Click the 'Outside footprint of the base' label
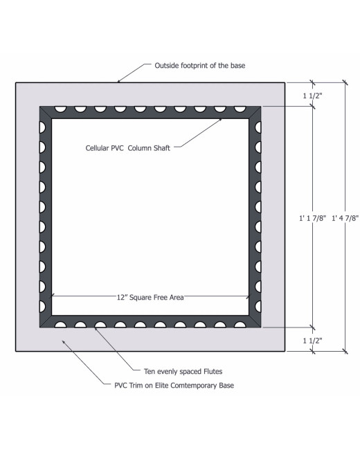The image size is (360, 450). tap(200, 66)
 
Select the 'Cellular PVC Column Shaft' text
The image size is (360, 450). tap(128, 148)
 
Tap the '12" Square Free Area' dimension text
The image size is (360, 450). tap(150, 297)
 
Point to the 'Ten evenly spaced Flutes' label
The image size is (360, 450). tap(183, 371)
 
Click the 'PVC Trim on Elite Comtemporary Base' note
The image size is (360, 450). tap(174, 385)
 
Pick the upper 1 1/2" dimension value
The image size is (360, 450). tap(313, 96)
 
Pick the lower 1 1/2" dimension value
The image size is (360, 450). tap(313, 341)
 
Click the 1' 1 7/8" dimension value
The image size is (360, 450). tap(313, 218)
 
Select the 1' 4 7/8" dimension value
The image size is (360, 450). tap(345, 218)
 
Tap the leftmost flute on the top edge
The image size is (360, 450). tap(60, 109)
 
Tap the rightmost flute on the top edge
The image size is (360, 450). tap(240, 109)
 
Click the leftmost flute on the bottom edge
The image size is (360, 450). tap(60, 325)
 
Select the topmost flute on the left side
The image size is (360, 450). tap(42, 127)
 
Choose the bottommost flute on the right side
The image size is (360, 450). tap(258, 307)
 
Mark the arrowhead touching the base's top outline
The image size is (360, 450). tap(120, 80)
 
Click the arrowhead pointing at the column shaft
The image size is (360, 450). tap(219, 120)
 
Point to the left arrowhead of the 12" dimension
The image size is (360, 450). tap(53, 295)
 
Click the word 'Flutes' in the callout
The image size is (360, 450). tap(213, 371)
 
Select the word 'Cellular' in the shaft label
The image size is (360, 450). tap(97, 148)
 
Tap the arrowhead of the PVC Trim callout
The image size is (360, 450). tap(64, 343)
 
